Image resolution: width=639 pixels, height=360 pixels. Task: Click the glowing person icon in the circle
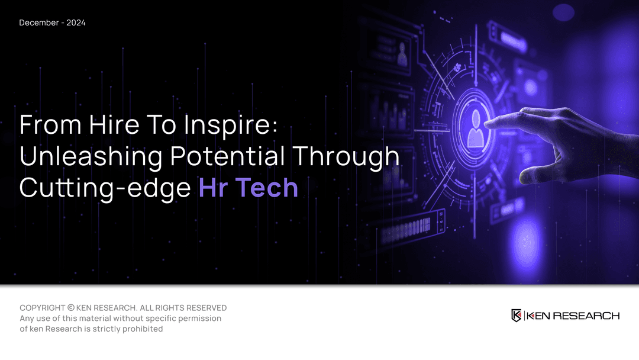point(476,128)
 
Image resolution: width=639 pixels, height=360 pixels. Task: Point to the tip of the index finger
point(488,123)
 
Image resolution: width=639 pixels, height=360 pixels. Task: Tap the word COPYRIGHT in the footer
point(42,308)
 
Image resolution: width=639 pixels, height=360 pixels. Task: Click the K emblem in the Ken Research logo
point(517,316)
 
